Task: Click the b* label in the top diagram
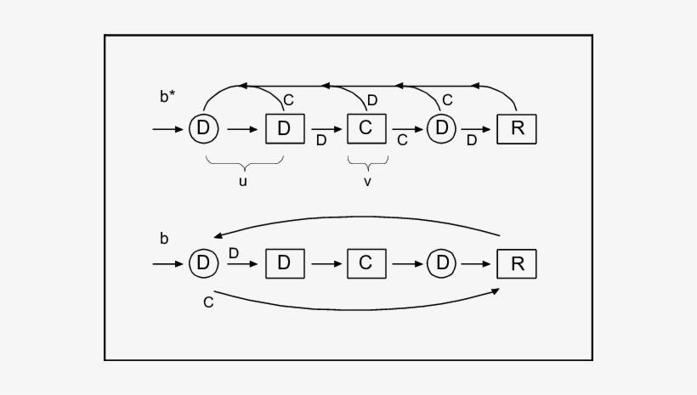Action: pos(168,96)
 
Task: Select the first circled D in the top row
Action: pos(203,128)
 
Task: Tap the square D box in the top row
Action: pos(284,128)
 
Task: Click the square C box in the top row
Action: pos(365,128)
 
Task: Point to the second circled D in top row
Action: pos(441,128)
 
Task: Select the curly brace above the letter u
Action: pos(244,161)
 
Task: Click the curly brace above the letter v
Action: pos(366,161)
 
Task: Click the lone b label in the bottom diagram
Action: pos(164,239)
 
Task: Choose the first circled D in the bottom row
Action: pos(203,263)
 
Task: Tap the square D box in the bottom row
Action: pos(284,263)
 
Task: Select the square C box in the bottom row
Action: pos(365,263)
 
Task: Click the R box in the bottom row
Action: pos(516,263)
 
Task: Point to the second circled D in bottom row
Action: pos(441,263)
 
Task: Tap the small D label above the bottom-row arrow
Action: pos(234,252)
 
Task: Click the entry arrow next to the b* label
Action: pos(168,129)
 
